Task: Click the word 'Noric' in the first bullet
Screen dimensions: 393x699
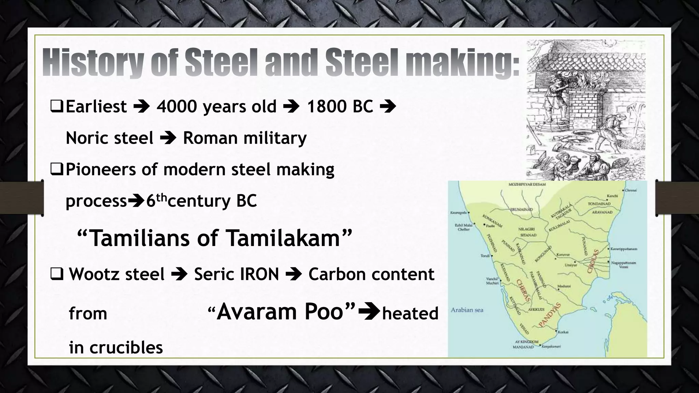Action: [86, 138]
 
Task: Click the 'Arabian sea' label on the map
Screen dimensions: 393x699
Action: [467, 310]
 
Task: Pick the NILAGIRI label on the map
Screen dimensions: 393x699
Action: [526, 229]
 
